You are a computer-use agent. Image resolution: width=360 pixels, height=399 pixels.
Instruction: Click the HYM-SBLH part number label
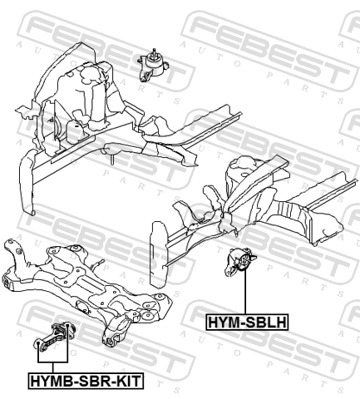(x=247, y=322)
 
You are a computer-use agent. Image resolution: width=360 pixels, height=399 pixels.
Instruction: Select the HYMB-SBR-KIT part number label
(x=86, y=381)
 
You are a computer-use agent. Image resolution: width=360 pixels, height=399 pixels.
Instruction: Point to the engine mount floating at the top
(x=153, y=66)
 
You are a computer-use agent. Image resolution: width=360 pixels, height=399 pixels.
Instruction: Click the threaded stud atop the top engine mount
(x=153, y=52)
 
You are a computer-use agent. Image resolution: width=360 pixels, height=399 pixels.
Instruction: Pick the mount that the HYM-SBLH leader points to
(x=240, y=262)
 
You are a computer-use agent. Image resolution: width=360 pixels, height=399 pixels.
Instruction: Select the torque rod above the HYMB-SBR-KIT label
(x=54, y=336)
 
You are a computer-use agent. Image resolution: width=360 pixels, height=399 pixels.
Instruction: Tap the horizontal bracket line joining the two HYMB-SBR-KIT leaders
(x=52, y=362)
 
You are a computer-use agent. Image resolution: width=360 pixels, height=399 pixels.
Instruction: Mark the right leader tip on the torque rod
(x=67, y=324)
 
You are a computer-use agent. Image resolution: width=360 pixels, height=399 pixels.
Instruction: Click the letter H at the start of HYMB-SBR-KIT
(x=35, y=381)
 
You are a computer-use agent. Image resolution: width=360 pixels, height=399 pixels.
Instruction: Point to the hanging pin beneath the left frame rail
(x=112, y=160)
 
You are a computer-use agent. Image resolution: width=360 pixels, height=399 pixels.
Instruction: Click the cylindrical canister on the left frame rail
(x=76, y=132)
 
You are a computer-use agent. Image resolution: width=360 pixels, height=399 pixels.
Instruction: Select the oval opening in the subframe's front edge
(x=82, y=307)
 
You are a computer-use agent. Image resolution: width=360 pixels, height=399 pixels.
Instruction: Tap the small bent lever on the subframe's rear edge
(x=98, y=264)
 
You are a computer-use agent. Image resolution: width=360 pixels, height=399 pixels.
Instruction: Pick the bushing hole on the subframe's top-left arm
(x=19, y=251)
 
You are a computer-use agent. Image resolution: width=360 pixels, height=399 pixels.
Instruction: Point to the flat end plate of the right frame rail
(x=158, y=254)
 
